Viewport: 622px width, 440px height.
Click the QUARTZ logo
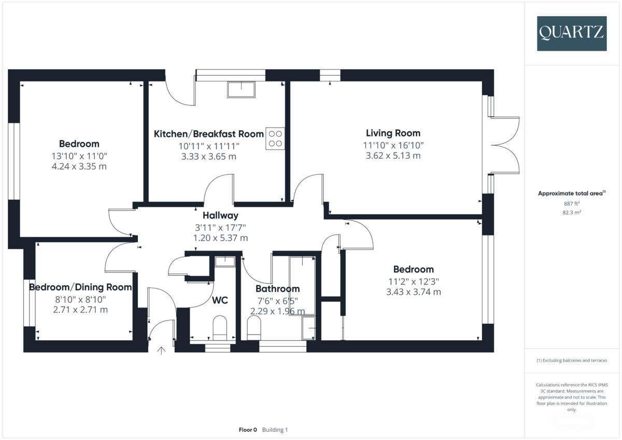(571, 33)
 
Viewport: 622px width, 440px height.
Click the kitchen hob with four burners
(275, 138)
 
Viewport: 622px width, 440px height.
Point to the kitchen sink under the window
(241, 90)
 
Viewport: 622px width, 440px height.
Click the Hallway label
(220, 215)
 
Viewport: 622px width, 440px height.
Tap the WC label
(220, 300)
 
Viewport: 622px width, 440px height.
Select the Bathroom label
(277, 289)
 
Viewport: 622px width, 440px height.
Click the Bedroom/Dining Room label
(80, 287)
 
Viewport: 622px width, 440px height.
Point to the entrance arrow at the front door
(161, 351)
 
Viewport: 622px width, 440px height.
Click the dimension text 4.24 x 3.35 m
(79, 167)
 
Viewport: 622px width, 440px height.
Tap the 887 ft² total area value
(571, 203)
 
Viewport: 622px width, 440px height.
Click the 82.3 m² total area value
(571, 212)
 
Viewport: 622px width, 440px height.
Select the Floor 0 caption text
(248, 430)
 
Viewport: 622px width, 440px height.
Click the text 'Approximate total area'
(570, 193)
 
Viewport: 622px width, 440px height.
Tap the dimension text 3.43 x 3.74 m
(413, 292)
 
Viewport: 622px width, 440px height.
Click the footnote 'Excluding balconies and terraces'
(571, 360)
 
